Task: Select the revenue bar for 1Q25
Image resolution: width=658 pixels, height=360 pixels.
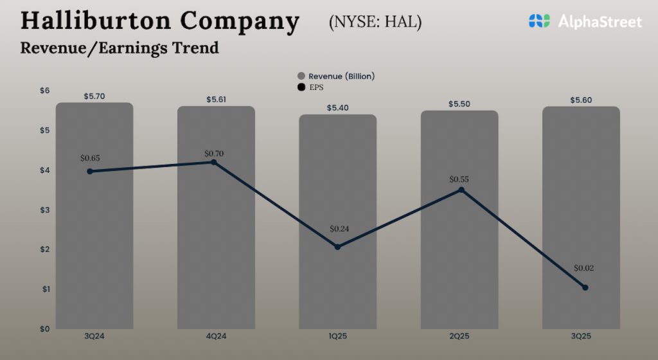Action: pos(337,289)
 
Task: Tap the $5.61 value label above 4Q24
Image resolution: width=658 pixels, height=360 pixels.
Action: pos(216,100)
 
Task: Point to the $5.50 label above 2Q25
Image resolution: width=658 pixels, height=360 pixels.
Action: pos(459,104)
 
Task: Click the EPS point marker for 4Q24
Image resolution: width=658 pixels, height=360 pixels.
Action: pos(214,162)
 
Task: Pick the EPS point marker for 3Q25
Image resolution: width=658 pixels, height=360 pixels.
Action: pos(585,287)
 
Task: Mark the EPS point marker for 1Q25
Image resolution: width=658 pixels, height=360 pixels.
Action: pos(337,247)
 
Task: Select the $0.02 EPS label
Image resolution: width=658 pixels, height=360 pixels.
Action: pos(585,268)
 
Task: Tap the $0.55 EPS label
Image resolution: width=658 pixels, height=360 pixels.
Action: pos(459,179)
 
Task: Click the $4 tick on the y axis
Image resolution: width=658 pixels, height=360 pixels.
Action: pos(44,170)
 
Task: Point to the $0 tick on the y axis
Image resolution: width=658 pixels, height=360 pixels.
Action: pos(44,329)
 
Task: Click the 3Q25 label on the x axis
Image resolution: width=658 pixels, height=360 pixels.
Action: pos(581,336)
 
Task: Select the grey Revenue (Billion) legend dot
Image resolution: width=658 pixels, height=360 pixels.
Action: pos(301,76)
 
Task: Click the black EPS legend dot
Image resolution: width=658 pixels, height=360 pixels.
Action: pos(301,87)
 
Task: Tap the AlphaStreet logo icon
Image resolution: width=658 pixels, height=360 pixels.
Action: pos(539,21)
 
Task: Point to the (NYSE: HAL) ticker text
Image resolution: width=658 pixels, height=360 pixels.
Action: pos(375,22)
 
